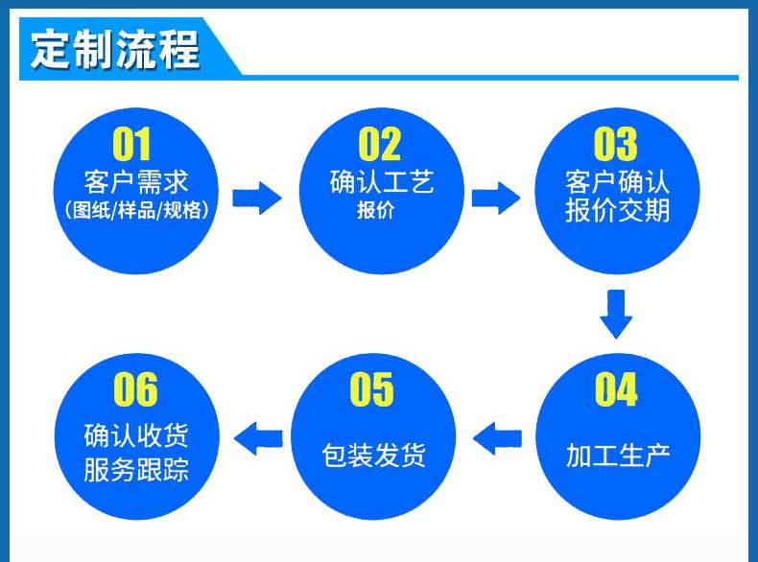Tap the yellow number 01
pos(132,145)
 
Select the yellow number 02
pos(379,145)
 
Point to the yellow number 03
pos(615,145)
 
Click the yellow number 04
pos(615,390)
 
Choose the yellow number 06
pos(135,390)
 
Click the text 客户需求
pos(135,182)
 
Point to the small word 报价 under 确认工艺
pos(375,211)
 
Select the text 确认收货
pos(135,437)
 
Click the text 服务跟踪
pos(135,470)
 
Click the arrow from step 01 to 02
pos(257,199)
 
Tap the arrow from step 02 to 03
pos(496,199)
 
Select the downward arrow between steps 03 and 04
pos(616,314)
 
